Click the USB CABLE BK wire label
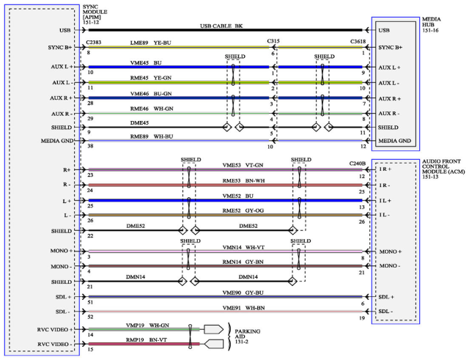coord(221,26)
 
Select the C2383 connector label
coord(94,43)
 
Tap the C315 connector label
coord(273,41)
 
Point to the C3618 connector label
coord(358,41)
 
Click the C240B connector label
coord(358,164)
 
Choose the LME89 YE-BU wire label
coord(150,43)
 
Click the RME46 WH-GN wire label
coord(152,109)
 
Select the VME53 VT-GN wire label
coord(243,165)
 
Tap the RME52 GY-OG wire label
coord(243,210)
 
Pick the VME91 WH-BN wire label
coord(243,308)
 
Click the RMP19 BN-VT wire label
coord(147,339)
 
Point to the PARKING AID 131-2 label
coord(247,337)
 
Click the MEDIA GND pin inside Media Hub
coord(395,141)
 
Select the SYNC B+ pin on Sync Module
coord(60,47)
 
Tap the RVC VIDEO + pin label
coord(55,329)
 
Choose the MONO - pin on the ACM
coord(390,265)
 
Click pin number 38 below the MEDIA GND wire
coord(90,146)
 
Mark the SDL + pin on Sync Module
coord(63,297)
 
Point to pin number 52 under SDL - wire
coord(90,317)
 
